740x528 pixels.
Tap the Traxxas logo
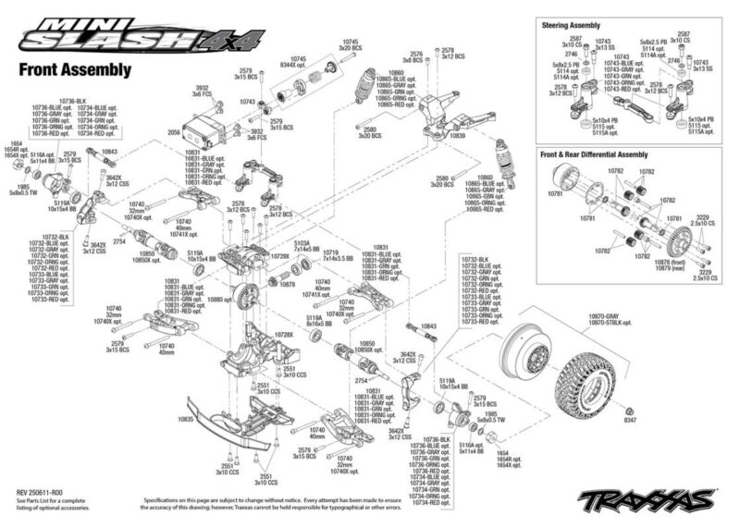pyautogui.click(x=637, y=501)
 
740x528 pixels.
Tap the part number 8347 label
pyautogui.click(x=630, y=422)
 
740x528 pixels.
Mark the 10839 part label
pyautogui.click(x=456, y=135)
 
